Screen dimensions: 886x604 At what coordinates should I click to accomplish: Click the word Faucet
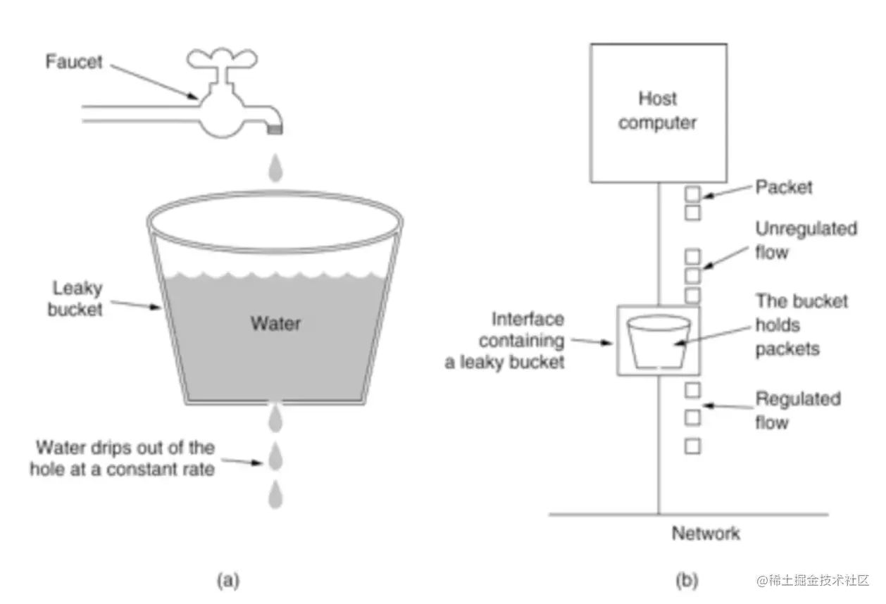(x=74, y=62)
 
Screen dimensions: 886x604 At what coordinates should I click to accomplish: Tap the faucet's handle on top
(x=222, y=58)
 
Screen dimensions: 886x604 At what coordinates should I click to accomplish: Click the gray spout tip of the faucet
(x=275, y=130)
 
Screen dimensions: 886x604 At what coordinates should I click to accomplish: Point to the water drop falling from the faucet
(x=275, y=168)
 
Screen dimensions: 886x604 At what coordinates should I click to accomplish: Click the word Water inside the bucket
(x=275, y=323)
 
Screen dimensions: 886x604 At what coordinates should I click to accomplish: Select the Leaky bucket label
(x=75, y=298)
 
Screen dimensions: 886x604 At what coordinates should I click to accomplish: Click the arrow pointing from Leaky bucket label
(x=136, y=305)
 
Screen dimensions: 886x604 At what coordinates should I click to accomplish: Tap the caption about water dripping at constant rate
(x=123, y=458)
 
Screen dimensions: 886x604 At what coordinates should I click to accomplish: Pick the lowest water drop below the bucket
(x=275, y=494)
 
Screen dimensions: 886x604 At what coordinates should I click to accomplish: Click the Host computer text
(x=658, y=111)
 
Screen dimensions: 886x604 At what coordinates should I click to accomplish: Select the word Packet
(x=784, y=187)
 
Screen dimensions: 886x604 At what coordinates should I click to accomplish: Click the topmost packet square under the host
(x=692, y=194)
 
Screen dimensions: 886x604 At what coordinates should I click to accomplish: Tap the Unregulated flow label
(x=806, y=240)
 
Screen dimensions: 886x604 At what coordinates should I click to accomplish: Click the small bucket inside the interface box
(x=659, y=341)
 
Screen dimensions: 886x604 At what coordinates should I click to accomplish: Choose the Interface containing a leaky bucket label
(x=505, y=341)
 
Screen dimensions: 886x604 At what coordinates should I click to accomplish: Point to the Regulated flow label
(x=798, y=410)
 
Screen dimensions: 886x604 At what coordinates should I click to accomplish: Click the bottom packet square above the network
(x=692, y=446)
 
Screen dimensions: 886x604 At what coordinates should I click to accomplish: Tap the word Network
(x=706, y=533)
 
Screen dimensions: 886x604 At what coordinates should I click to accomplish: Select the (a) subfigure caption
(x=228, y=580)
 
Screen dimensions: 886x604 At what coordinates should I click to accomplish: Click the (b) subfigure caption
(x=687, y=580)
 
